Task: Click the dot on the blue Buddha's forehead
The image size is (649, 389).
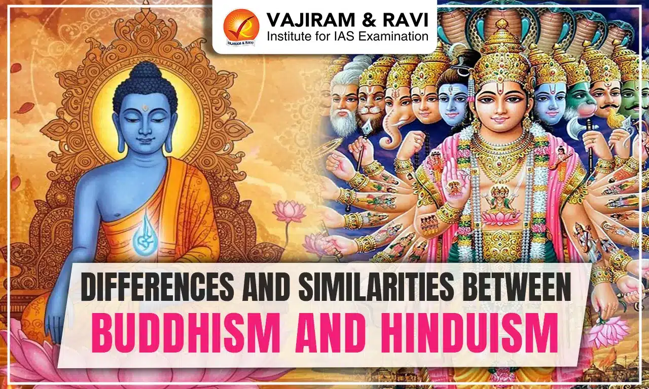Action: pyautogui.click(x=144, y=107)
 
